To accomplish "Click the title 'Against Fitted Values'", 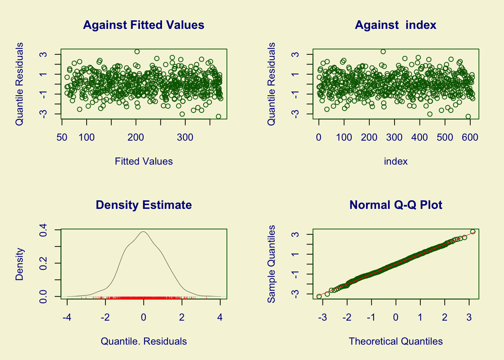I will click(x=144, y=25).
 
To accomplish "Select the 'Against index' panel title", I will click(x=396, y=25).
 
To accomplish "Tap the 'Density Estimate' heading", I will click(x=144, y=205).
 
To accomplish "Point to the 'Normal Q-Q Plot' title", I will click(x=396, y=205).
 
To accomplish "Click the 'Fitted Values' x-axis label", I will click(x=144, y=162).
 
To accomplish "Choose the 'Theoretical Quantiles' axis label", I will click(x=396, y=342).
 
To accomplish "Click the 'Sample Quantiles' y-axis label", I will click(x=271, y=264).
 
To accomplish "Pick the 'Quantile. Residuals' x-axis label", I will click(x=144, y=342).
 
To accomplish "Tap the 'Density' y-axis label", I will click(x=19, y=264).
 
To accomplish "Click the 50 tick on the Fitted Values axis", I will click(x=62, y=138).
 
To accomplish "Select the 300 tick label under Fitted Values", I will click(x=185, y=138).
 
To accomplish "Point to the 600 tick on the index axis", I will click(x=470, y=138).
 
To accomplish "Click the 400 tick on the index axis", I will click(x=419, y=138).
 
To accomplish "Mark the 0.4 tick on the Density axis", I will click(x=43, y=229).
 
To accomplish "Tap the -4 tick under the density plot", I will click(x=67, y=318).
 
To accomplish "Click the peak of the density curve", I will click(x=143, y=232).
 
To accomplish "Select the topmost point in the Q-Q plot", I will click(x=472, y=232).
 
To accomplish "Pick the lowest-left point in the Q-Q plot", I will click(x=319, y=296).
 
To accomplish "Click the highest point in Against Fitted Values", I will click(x=137, y=52).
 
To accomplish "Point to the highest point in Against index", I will click(x=383, y=52).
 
